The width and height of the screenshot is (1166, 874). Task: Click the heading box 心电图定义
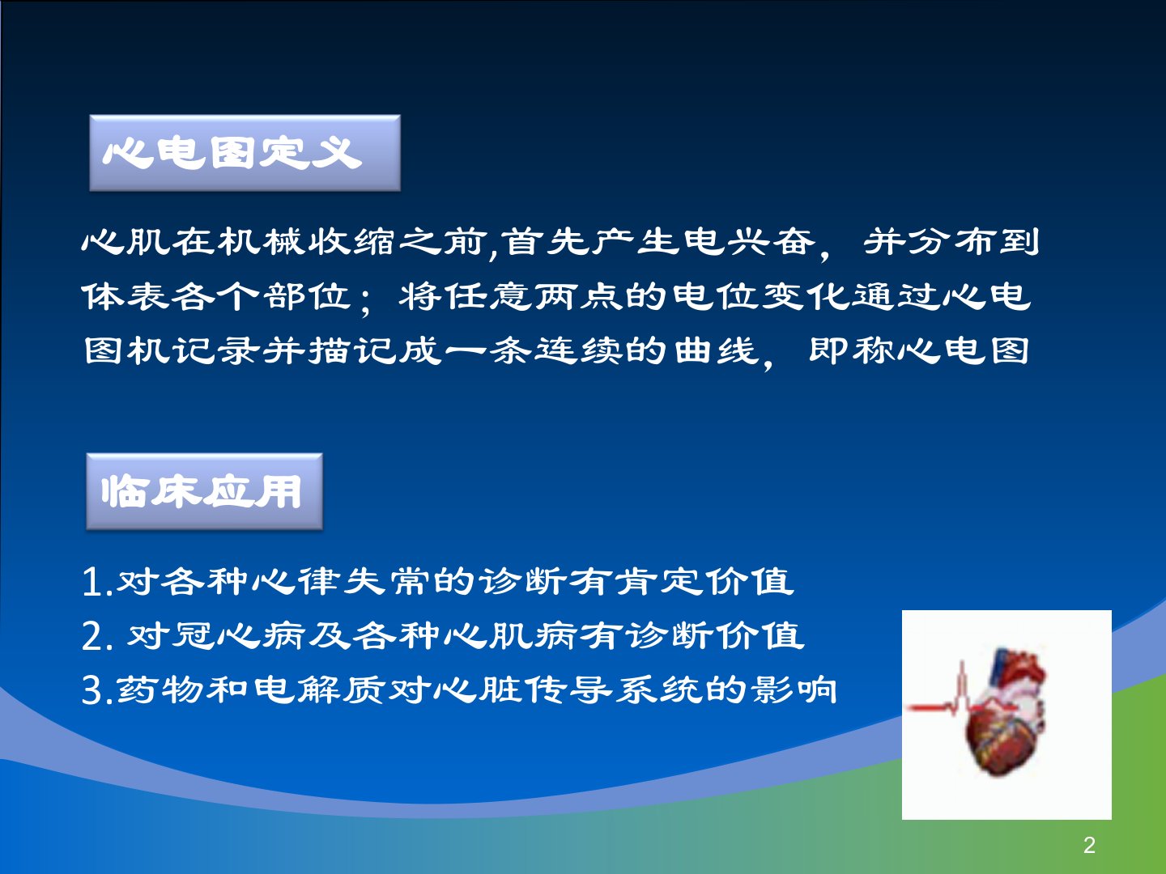(x=245, y=153)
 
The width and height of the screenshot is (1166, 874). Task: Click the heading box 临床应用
(x=205, y=491)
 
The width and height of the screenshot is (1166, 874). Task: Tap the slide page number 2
(x=1089, y=845)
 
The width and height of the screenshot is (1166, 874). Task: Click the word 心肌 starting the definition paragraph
(x=125, y=243)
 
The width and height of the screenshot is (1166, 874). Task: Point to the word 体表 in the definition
(x=126, y=297)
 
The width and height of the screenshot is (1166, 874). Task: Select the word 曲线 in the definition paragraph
(x=716, y=350)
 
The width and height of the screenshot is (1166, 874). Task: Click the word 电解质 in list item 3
(x=319, y=689)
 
